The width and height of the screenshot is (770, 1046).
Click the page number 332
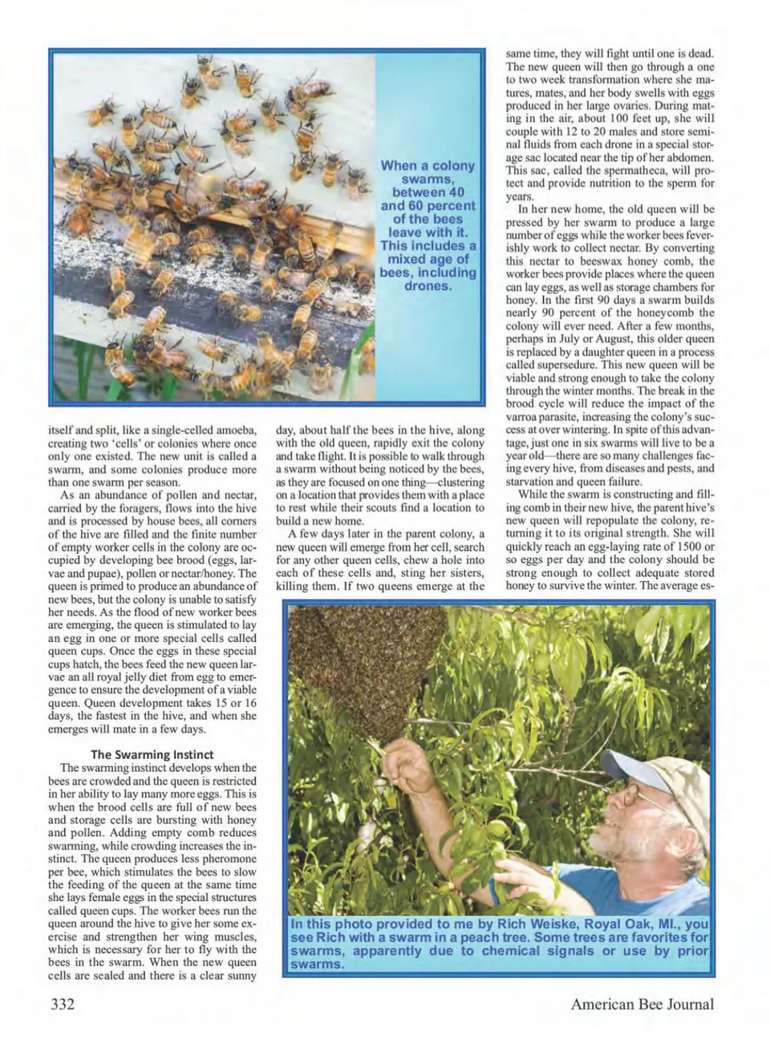click(x=63, y=1004)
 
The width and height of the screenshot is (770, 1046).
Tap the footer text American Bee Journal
click(x=642, y=1004)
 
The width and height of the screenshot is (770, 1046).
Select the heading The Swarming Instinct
click(x=152, y=754)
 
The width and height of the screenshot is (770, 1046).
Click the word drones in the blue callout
click(x=428, y=286)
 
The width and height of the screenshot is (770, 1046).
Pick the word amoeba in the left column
click(x=233, y=430)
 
